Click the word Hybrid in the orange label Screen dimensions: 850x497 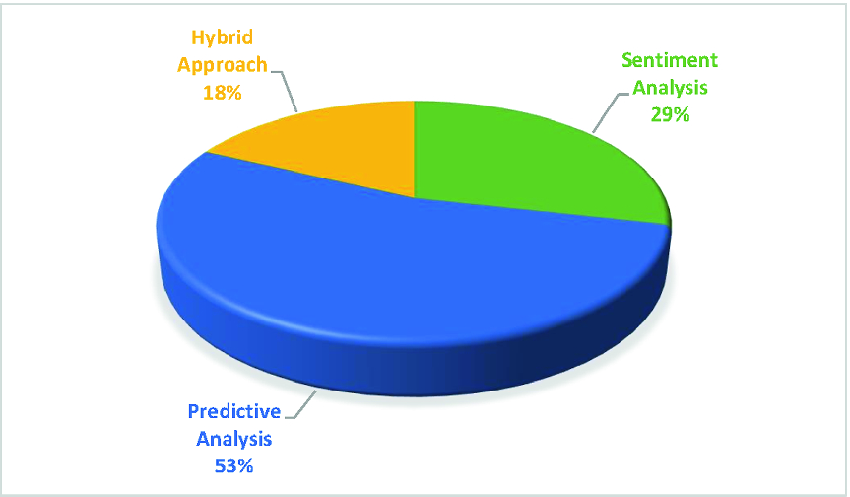pyautogui.click(x=223, y=37)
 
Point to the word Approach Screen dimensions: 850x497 pyautogui.click(x=223, y=65)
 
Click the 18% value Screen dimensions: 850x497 pyautogui.click(x=223, y=93)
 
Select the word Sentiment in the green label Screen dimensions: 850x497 pyautogui.click(x=670, y=60)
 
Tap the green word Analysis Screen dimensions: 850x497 pyautogui.click(x=670, y=88)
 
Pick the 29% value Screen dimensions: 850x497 pyautogui.click(x=670, y=115)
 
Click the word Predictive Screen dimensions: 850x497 pyautogui.click(x=234, y=411)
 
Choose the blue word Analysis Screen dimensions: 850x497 pyautogui.click(x=233, y=439)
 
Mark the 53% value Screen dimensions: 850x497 pyautogui.click(x=233, y=466)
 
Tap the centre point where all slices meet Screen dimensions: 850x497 pyautogui.click(x=414, y=198)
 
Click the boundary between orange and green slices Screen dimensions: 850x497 pyautogui.click(x=414, y=149)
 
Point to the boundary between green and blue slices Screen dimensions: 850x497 pyautogui.click(x=542, y=212)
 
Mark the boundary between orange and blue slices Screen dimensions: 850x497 pyautogui.click(x=310, y=176)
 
